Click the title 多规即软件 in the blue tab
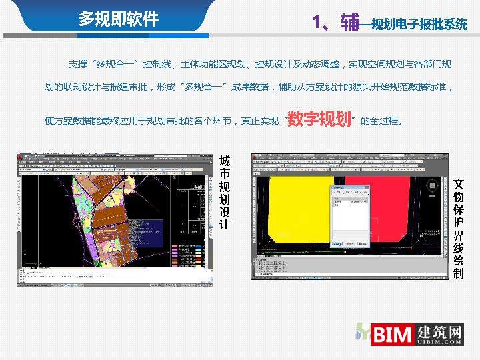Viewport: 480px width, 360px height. tap(119, 18)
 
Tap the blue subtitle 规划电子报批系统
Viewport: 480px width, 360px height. tap(419, 25)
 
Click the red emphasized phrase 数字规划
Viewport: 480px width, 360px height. tap(319, 119)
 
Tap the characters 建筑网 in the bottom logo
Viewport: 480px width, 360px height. tap(438, 331)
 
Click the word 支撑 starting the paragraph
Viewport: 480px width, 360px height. tap(77, 64)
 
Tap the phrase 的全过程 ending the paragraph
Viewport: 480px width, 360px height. tap(380, 121)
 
